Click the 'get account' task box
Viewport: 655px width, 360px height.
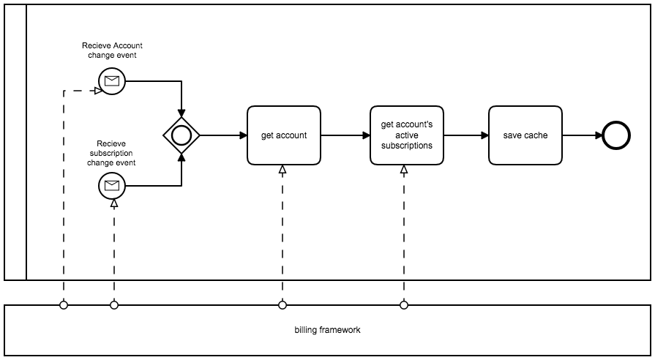[284, 135]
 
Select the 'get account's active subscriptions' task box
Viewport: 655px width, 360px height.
[406, 135]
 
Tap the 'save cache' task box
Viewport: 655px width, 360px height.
[525, 135]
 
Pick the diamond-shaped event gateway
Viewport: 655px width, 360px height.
[181, 135]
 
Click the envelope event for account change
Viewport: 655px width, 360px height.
[112, 81]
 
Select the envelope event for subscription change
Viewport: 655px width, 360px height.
[112, 186]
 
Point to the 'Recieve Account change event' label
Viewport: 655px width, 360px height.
[112, 50]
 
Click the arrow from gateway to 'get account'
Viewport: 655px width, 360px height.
[222, 135]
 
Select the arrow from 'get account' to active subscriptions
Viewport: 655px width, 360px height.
[345, 135]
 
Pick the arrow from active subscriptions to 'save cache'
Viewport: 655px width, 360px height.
[465, 135]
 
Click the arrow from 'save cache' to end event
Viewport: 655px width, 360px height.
[582, 135]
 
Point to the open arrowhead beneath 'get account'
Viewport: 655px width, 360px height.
[282, 170]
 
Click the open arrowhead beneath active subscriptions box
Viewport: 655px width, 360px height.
[404, 170]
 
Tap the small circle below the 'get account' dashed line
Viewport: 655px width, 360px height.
[282, 305]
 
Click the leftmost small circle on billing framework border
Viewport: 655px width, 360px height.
[64, 305]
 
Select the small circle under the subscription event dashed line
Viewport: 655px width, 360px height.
[114, 305]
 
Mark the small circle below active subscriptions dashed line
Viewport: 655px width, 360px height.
[404, 305]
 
